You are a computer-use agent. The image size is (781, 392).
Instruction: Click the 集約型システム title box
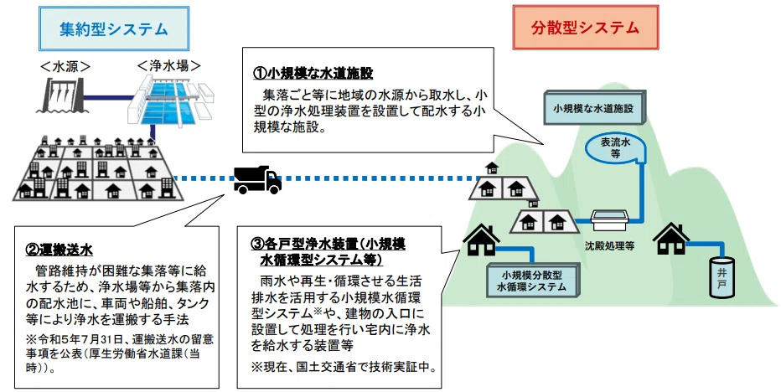[114, 28]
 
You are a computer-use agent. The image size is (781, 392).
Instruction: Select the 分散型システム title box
[585, 28]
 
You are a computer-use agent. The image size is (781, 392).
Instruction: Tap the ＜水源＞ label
[65, 66]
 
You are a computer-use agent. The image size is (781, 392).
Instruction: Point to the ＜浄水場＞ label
[169, 65]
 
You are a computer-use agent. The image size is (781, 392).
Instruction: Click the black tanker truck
[257, 179]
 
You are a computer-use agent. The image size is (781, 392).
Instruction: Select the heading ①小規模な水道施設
[313, 74]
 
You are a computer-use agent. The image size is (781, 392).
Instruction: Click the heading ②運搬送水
[59, 250]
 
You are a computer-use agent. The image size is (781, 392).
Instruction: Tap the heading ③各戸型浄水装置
[328, 251]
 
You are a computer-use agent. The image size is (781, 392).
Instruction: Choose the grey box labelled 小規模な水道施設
[595, 107]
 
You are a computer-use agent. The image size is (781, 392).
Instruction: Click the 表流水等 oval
[616, 148]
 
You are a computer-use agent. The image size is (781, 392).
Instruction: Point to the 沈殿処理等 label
[610, 246]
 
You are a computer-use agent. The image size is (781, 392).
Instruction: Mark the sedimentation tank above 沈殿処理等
[610, 220]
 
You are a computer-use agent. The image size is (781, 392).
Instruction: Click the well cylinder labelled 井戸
[722, 277]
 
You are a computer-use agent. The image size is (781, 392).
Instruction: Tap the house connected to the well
[671, 239]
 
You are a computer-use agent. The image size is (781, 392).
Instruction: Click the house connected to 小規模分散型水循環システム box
[481, 240]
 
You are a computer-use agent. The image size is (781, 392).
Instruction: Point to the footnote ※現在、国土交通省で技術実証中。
[344, 368]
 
